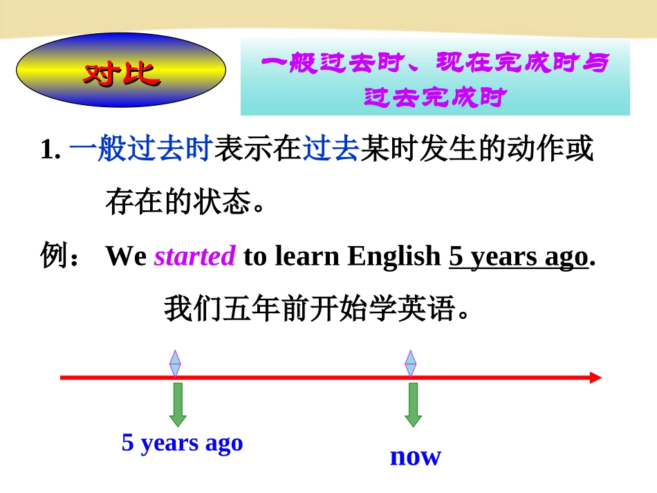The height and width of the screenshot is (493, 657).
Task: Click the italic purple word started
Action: point(195,257)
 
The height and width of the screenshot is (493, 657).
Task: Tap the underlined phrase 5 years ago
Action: point(518,257)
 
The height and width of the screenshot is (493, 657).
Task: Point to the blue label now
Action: point(415,456)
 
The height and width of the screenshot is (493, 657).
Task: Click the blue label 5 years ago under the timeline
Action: point(183,443)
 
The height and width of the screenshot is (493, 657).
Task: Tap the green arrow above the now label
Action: point(414,404)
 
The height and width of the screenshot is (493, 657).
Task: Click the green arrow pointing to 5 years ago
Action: point(178,404)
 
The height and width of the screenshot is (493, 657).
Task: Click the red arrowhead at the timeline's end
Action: point(595,378)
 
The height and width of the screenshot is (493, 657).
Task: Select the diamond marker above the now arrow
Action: point(411,363)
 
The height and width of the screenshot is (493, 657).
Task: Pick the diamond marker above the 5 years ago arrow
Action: point(176,363)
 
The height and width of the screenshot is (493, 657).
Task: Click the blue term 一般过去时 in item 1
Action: point(140,150)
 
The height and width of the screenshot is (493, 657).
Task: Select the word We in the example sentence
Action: point(126,257)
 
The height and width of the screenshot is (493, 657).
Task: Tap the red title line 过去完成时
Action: point(435,97)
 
